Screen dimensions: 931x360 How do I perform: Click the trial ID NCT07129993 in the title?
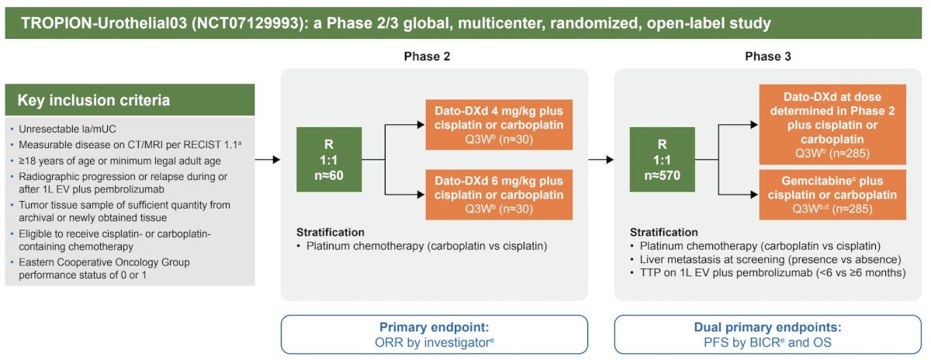coord(248,22)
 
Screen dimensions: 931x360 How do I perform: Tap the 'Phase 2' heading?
coord(427,57)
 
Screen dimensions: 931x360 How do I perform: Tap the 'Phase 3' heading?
coord(767,57)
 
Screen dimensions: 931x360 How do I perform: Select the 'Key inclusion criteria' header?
coord(130,100)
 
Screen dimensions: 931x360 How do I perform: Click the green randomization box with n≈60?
coord(329,160)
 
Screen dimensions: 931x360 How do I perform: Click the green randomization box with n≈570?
coord(662,160)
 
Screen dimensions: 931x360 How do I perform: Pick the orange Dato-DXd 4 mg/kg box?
coord(499,125)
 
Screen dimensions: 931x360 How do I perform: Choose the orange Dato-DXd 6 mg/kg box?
coord(499,195)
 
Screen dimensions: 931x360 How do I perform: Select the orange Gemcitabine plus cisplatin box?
coord(832,195)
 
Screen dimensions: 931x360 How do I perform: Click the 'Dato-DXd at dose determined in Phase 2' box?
coord(832,125)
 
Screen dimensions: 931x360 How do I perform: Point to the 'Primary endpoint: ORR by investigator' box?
coord(434,334)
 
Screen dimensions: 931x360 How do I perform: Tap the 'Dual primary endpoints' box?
coord(767,334)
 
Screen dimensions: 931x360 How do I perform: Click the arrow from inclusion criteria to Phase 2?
coord(268,160)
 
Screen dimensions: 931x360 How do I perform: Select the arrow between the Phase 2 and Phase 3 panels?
coord(601,160)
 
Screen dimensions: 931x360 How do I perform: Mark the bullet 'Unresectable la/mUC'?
coord(67,129)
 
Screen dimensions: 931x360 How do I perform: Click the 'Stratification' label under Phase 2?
coord(330,232)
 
